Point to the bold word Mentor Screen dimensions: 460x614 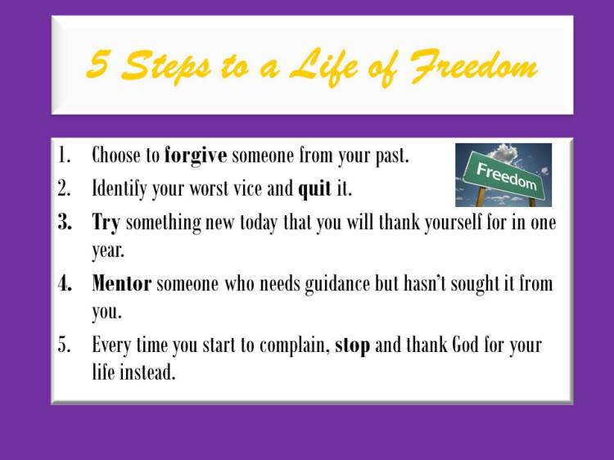pos(122,284)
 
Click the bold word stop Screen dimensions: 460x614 pos(352,345)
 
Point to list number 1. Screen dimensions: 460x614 pos(65,156)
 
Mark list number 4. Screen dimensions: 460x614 pos(65,284)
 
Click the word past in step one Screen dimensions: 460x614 pos(391,156)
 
